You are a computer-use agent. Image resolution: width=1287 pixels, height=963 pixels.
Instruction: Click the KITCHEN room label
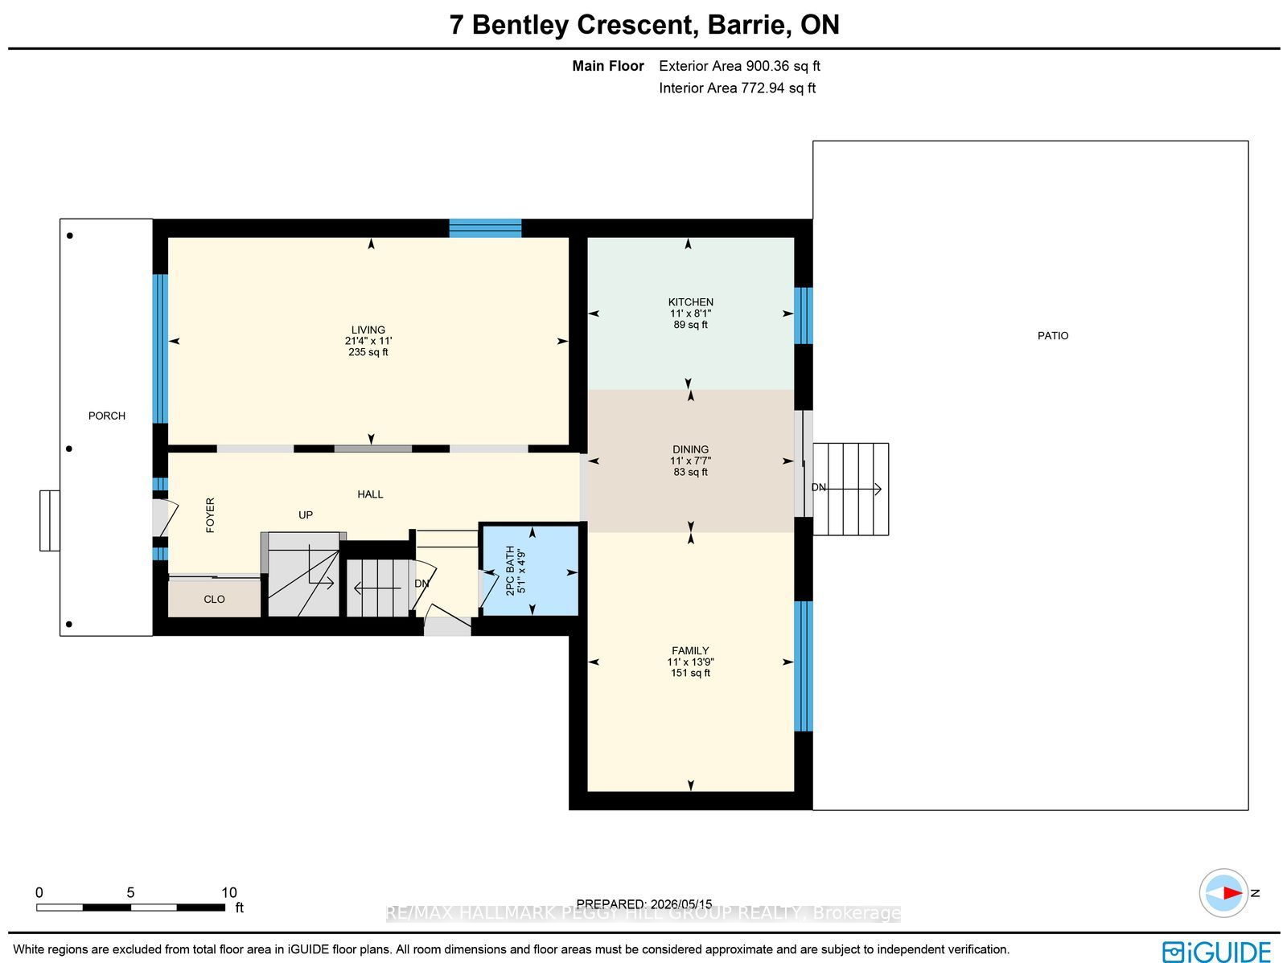[690, 302]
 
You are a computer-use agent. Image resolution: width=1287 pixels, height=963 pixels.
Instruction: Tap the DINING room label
[690, 449]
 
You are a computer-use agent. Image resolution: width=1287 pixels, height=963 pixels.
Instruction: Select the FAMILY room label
[690, 651]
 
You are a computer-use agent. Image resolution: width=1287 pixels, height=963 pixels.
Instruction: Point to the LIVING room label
[368, 330]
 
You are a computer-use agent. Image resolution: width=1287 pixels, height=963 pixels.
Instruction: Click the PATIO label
[1053, 336]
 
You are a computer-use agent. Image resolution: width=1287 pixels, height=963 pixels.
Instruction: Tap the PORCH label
[107, 416]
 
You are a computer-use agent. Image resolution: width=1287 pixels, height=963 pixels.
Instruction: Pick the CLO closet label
[214, 599]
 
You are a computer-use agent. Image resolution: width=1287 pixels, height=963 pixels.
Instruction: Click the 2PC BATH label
[510, 571]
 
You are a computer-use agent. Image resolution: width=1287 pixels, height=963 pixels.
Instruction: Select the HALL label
[370, 494]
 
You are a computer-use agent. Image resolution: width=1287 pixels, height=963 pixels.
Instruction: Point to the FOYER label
[211, 515]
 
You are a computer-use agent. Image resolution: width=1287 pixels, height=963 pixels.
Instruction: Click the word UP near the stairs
[306, 515]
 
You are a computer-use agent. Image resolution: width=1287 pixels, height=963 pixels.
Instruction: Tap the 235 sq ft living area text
[368, 352]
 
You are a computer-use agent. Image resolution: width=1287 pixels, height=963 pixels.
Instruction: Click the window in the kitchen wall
[804, 315]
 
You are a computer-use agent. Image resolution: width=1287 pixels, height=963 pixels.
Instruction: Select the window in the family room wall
[804, 666]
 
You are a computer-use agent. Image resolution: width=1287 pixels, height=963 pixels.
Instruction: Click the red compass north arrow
[1231, 893]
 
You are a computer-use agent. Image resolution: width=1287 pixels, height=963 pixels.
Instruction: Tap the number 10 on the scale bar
[228, 893]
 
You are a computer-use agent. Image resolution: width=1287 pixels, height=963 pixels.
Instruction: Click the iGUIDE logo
[1217, 950]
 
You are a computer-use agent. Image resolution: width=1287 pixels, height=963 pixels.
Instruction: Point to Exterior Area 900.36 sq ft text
[739, 66]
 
